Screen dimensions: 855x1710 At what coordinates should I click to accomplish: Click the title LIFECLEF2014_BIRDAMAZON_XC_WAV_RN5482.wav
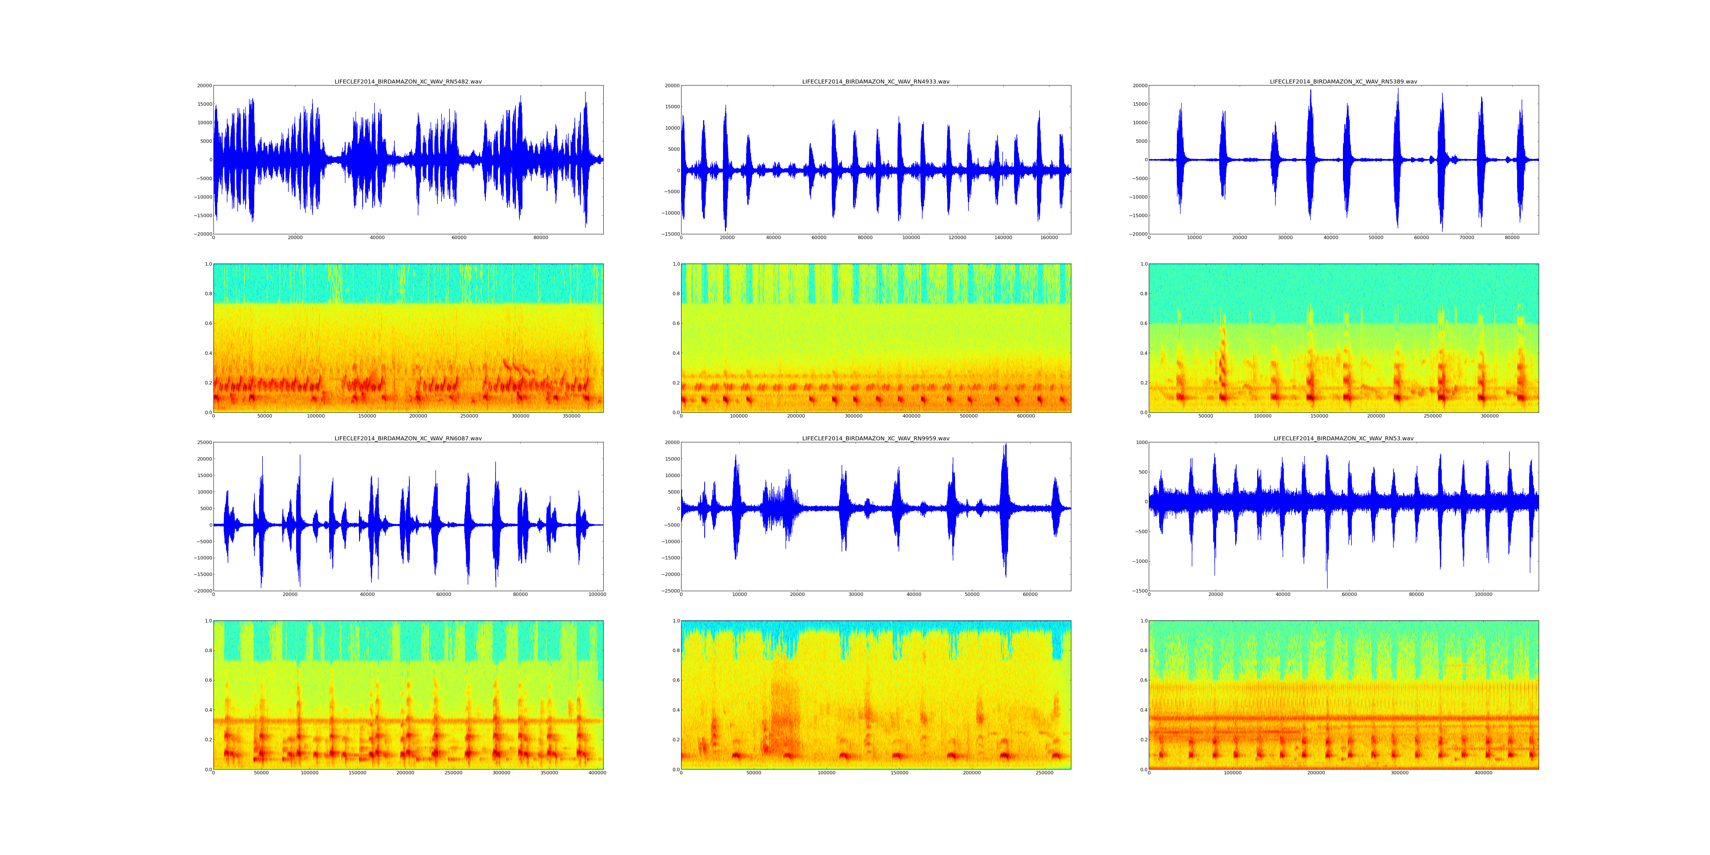[408, 82]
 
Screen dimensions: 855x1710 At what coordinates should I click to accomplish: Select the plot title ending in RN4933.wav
[876, 82]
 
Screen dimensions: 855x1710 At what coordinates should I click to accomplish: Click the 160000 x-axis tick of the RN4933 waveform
[1049, 238]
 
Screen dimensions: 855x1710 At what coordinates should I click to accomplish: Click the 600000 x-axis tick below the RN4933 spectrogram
[1026, 416]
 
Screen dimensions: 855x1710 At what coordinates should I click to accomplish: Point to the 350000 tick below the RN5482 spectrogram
[571, 416]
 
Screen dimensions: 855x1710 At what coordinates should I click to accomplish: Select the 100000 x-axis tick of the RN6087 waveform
[597, 594]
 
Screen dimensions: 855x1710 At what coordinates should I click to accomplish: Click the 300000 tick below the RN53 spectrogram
[1399, 773]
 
